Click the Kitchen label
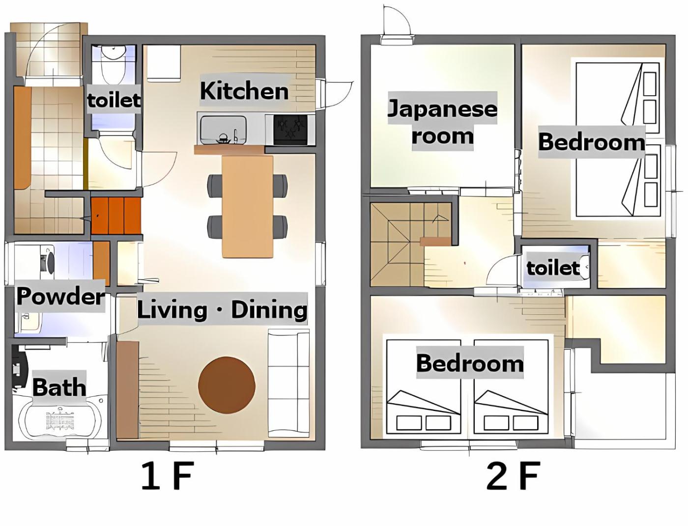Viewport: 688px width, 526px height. (244, 91)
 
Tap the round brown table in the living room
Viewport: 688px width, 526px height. (227, 385)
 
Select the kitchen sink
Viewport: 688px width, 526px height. (224, 129)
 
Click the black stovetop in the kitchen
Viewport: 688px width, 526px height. (290, 130)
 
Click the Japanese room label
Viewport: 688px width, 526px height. (442, 121)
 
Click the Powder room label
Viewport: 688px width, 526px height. (60, 296)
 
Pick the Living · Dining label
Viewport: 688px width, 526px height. (222, 309)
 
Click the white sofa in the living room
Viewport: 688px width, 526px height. (288, 383)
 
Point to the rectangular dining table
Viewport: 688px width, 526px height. (248, 206)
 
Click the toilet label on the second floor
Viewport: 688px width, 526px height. (552, 268)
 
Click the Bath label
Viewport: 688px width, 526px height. (59, 387)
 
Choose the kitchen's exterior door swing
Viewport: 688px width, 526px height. (335, 96)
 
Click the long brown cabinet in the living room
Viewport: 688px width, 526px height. (127, 389)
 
